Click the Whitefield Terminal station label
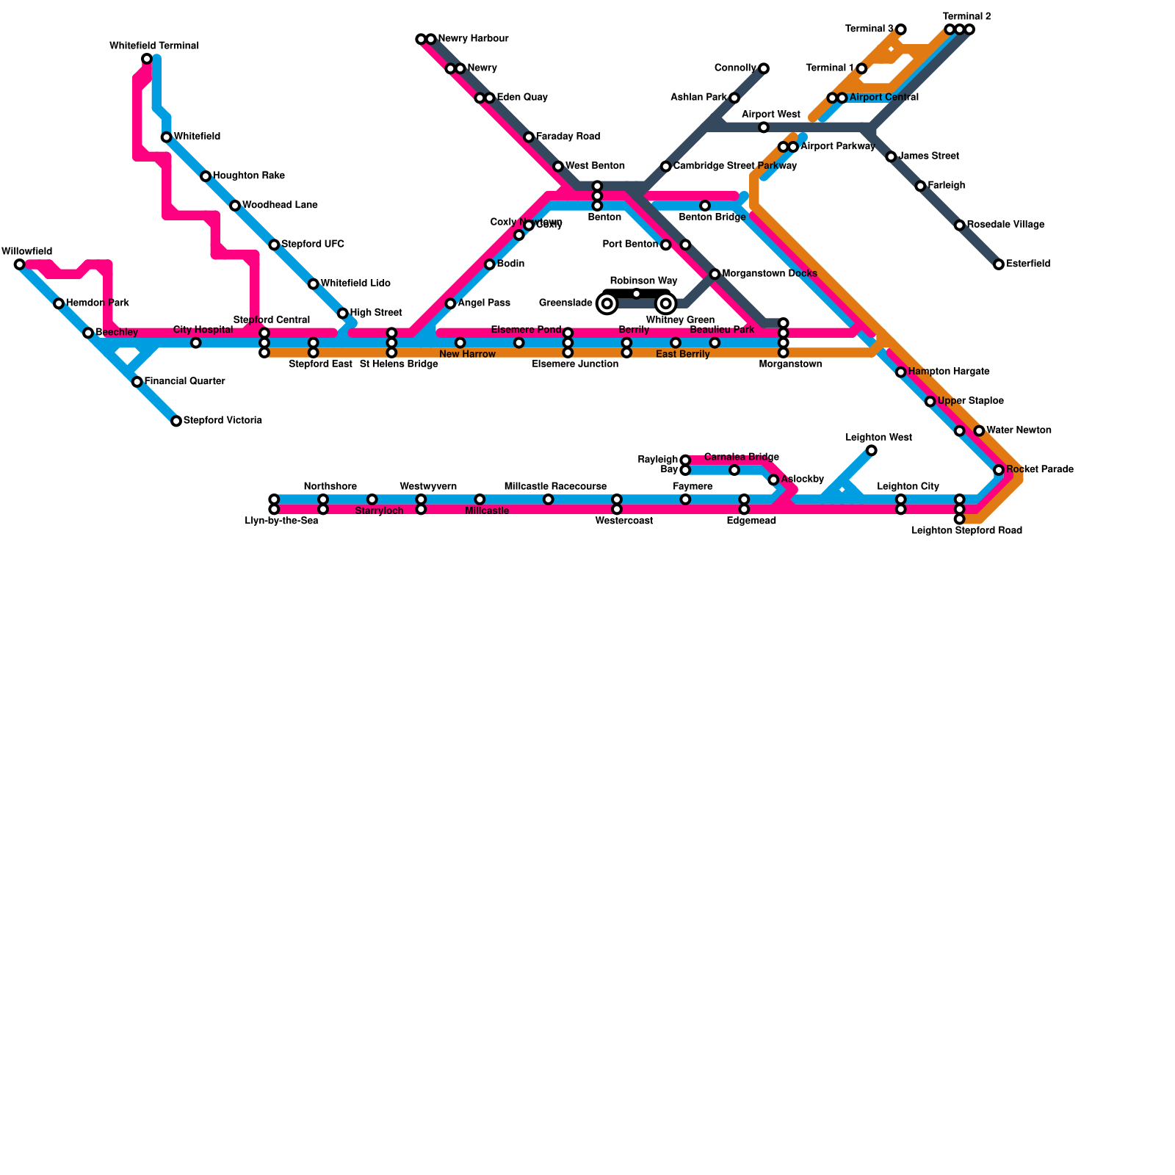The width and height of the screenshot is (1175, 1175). [x=154, y=46]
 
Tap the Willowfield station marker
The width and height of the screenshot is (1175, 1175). [x=20, y=264]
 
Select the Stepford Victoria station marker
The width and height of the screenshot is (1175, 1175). [x=176, y=421]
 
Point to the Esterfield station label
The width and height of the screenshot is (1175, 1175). [x=1028, y=264]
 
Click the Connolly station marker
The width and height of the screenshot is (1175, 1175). [x=764, y=68]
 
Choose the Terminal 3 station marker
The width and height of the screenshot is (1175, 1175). [x=901, y=29]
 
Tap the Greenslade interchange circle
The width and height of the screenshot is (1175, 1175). [x=607, y=303]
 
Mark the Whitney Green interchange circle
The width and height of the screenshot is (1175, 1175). [x=666, y=303]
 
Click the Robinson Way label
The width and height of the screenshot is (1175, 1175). [x=643, y=281]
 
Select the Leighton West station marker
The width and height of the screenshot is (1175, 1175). [x=871, y=450]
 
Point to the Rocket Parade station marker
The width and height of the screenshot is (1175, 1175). [x=999, y=470]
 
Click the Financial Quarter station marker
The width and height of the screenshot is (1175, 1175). [x=137, y=382]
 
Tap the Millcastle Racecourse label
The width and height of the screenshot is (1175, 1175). [x=555, y=487]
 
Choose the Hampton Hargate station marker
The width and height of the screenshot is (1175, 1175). [x=901, y=372]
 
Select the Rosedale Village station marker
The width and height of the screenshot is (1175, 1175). [x=960, y=225]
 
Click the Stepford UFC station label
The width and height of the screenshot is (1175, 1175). [x=312, y=244]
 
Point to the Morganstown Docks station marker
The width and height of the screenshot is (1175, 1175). [x=715, y=274]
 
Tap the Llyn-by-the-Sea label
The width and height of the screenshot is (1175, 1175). [x=281, y=521]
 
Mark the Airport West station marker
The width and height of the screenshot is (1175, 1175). [x=764, y=128]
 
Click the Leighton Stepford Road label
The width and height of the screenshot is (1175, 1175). [x=966, y=530]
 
